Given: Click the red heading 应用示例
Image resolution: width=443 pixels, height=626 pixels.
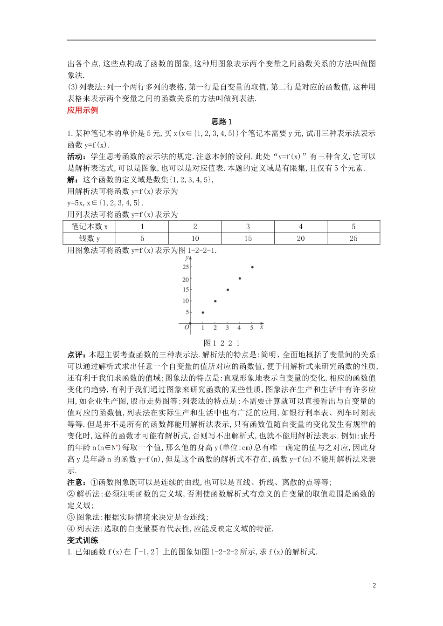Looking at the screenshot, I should click(83, 110).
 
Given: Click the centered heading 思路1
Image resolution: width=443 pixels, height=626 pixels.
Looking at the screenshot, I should click(221, 122).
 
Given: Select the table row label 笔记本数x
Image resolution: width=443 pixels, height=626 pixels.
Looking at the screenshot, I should click(90, 226).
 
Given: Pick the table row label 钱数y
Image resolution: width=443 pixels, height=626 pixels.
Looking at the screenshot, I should click(90, 238).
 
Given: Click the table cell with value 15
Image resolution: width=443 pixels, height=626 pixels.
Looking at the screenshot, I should click(248, 238).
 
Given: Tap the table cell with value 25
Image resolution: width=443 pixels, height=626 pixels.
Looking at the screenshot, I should click(353, 238).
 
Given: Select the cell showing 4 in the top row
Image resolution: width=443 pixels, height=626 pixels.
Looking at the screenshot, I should click(300, 226).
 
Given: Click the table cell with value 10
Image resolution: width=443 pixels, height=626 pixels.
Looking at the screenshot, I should click(195, 238).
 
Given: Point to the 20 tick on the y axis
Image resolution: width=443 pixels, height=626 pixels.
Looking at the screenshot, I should click(186, 279).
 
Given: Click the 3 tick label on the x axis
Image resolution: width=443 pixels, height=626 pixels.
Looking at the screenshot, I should click(228, 328).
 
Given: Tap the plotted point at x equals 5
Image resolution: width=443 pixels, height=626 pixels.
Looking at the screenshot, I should click(252, 267).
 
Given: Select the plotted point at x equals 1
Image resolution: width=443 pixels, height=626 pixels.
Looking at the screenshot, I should click(203, 313).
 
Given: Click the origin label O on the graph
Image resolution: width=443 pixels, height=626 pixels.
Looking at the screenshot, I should click(187, 328).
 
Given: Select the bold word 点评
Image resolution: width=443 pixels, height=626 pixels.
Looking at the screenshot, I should click(76, 355).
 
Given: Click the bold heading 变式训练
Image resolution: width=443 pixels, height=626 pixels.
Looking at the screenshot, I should click(83, 540).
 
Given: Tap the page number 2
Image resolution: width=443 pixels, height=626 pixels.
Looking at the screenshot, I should click(374, 585).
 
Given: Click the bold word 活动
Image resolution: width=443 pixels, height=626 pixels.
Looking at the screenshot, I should click(76, 156).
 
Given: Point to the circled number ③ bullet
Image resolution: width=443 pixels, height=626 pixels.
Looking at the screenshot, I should click(71, 517).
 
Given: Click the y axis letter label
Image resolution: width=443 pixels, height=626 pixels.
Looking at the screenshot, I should click(187, 258).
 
